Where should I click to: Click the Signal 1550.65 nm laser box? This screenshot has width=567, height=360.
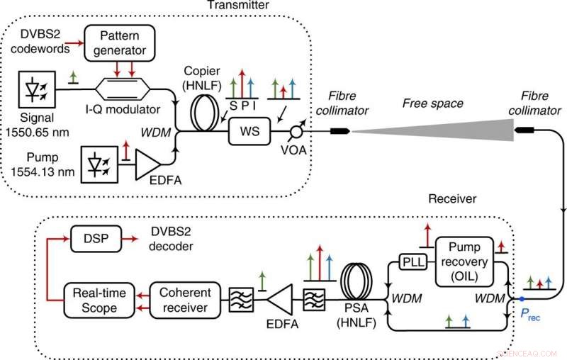tap(33, 89)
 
